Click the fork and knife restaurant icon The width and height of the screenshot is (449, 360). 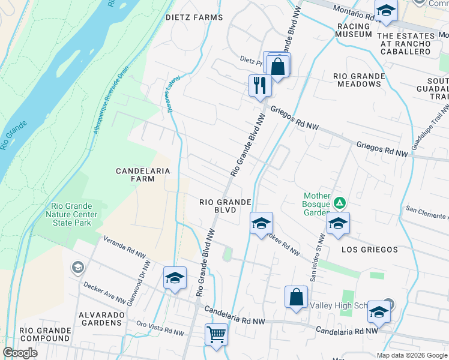(260, 85)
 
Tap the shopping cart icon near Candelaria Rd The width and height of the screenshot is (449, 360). (216, 334)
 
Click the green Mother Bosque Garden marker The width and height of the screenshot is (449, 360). (340, 203)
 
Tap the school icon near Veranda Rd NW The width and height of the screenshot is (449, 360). (175, 278)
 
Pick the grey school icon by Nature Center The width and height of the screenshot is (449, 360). (77, 268)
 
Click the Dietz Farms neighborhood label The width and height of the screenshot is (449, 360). (194, 17)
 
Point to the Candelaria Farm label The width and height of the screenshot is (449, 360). (143, 175)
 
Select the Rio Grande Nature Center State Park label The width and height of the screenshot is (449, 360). (70, 215)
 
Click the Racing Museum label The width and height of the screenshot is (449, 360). (354, 31)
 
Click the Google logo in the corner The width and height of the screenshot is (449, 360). (20, 353)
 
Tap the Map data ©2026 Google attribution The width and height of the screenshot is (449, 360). (411, 355)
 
